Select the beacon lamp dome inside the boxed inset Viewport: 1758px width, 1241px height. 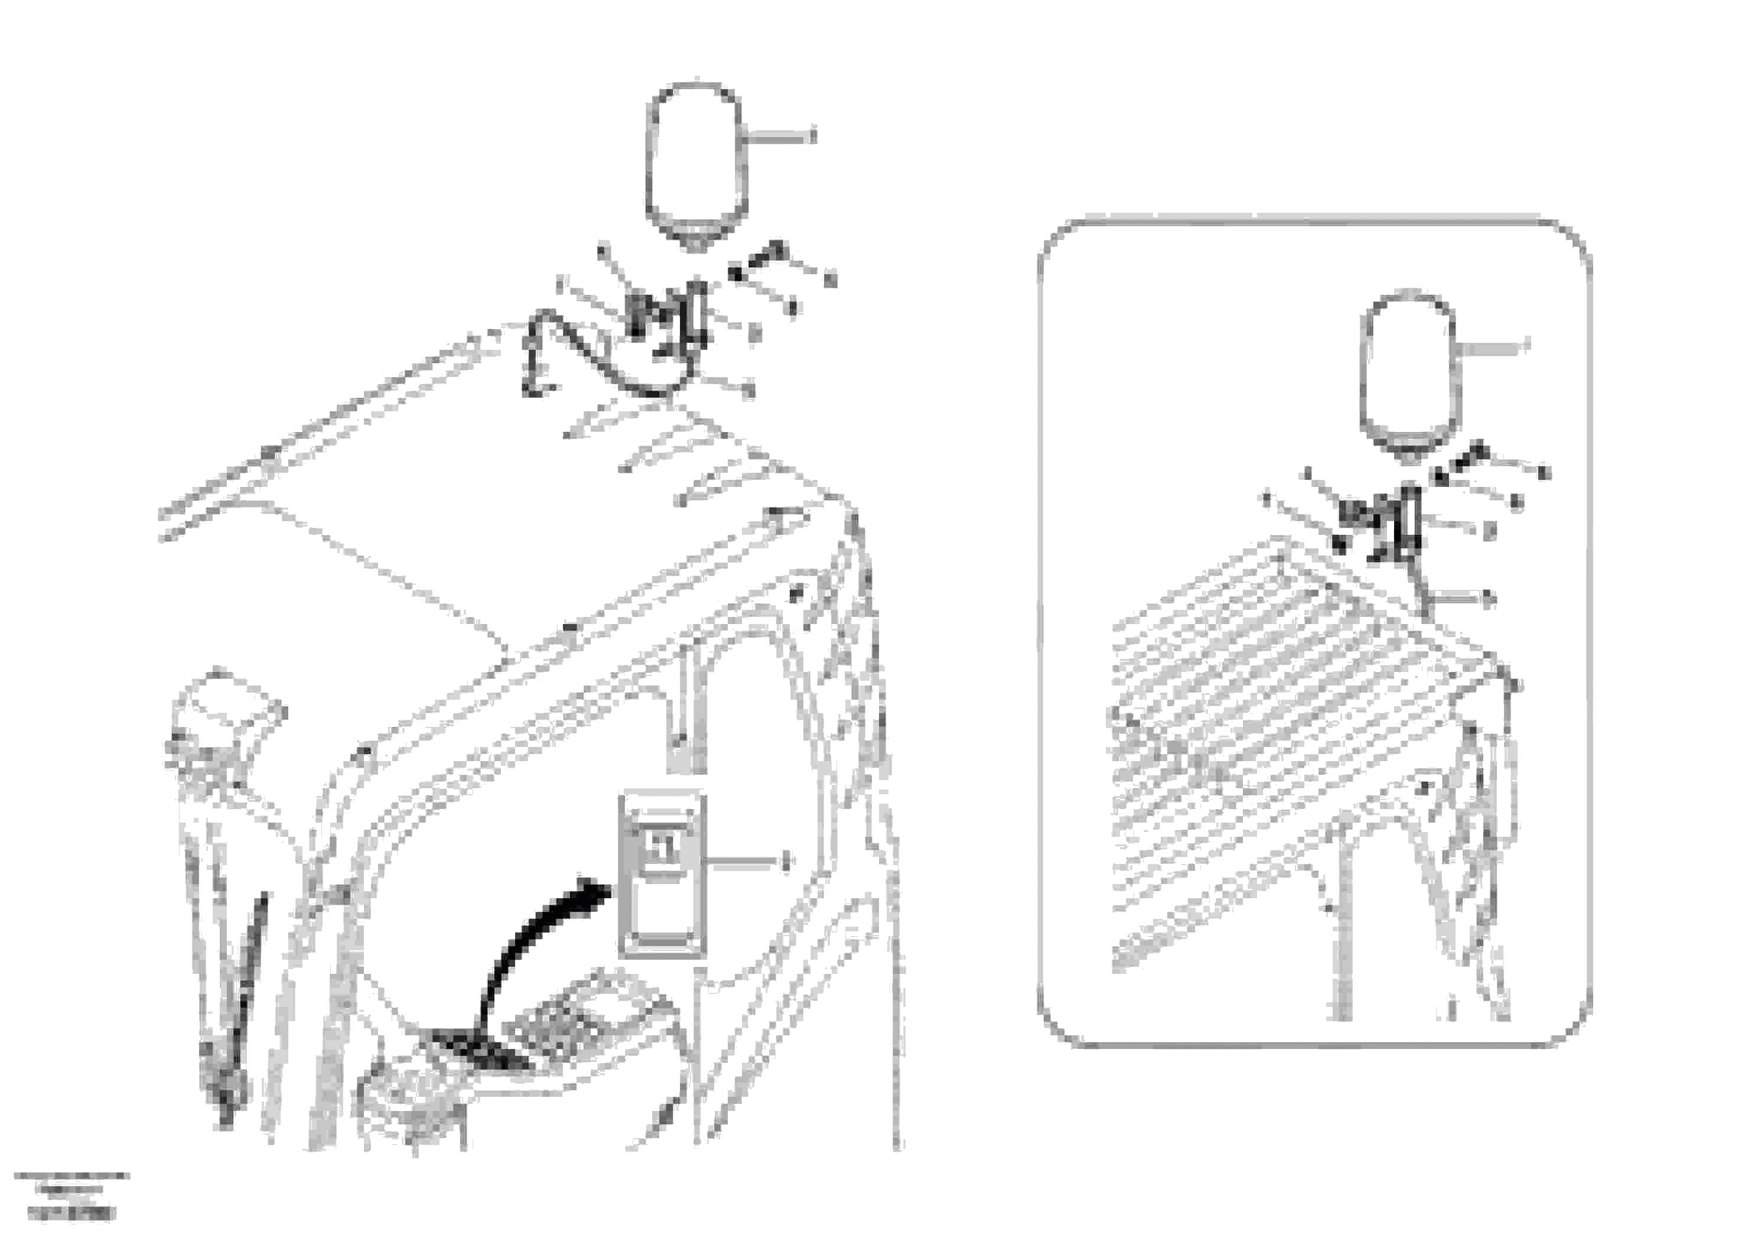[1409, 368]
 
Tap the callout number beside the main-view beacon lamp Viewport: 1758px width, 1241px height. [812, 137]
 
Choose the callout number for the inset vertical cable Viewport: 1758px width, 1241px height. [1489, 600]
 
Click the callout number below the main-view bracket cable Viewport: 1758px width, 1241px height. [750, 391]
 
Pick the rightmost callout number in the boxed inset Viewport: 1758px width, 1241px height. [1544, 473]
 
